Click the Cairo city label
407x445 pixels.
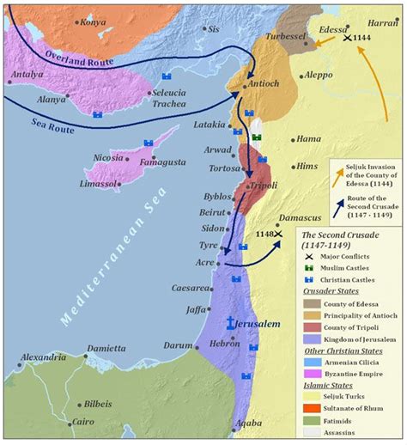click(x=82, y=422)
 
